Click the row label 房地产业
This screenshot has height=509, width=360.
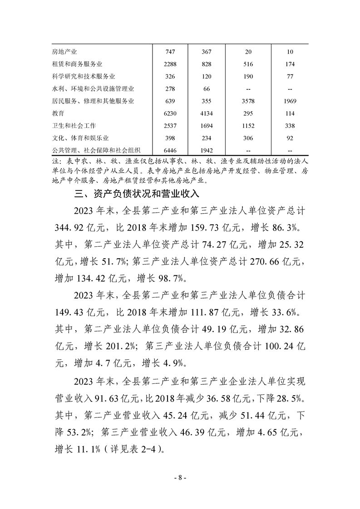click(x=64, y=52)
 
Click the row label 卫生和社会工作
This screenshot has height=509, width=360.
click(x=74, y=126)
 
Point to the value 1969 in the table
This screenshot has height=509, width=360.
click(x=290, y=101)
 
